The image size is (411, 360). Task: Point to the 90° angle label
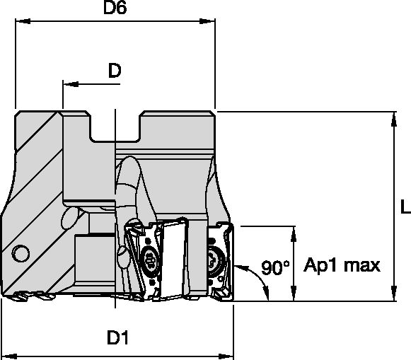(275, 268)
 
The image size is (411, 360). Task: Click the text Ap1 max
(342, 266)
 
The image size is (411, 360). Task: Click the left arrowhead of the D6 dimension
(20, 23)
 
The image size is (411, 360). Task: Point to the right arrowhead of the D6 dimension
(210, 23)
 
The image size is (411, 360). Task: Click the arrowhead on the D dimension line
(68, 83)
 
